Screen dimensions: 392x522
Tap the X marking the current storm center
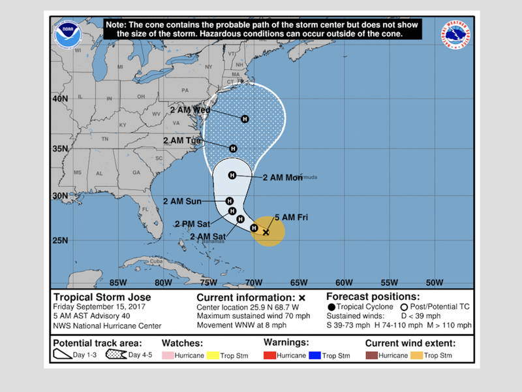266,232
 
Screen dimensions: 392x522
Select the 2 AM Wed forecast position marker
245,119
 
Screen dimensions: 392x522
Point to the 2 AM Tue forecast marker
233,148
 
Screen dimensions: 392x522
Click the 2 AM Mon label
283,178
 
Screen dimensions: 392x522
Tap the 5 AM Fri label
291,217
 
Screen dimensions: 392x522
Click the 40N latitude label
60,99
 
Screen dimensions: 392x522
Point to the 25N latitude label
60,240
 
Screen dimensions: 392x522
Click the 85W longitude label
118,283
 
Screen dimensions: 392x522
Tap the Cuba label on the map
154,262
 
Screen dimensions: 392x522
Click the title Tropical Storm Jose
102,297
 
